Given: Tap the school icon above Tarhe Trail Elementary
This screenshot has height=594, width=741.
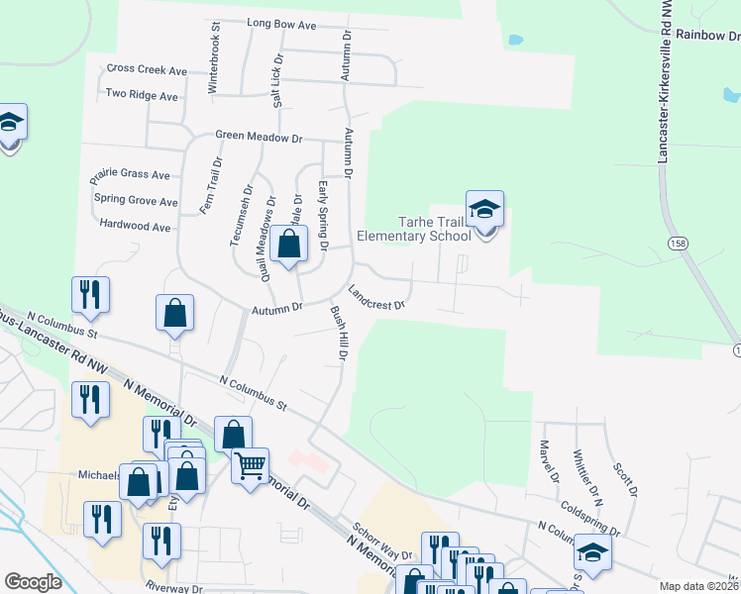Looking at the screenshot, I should (x=484, y=210).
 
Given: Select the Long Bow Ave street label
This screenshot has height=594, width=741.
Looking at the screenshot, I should (x=280, y=22).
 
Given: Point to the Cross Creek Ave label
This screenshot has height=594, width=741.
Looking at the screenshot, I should (x=147, y=70).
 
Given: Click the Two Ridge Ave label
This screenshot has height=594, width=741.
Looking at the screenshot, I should (x=142, y=96).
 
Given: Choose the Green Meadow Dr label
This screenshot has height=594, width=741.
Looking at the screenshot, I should (x=259, y=137).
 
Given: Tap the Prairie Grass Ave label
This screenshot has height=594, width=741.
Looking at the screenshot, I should (x=130, y=174).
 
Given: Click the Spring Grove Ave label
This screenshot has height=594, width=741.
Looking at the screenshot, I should (x=136, y=200).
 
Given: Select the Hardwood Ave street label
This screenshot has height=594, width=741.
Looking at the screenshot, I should (x=135, y=226).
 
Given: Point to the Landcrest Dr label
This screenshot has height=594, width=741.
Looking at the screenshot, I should (x=376, y=297).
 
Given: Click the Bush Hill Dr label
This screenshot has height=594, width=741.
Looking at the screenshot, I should (x=337, y=332).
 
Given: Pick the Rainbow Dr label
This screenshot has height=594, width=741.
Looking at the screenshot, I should (x=704, y=36).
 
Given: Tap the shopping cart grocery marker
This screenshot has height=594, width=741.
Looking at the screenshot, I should (x=250, y=463).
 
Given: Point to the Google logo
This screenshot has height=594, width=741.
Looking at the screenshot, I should (x=33, y=581).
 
